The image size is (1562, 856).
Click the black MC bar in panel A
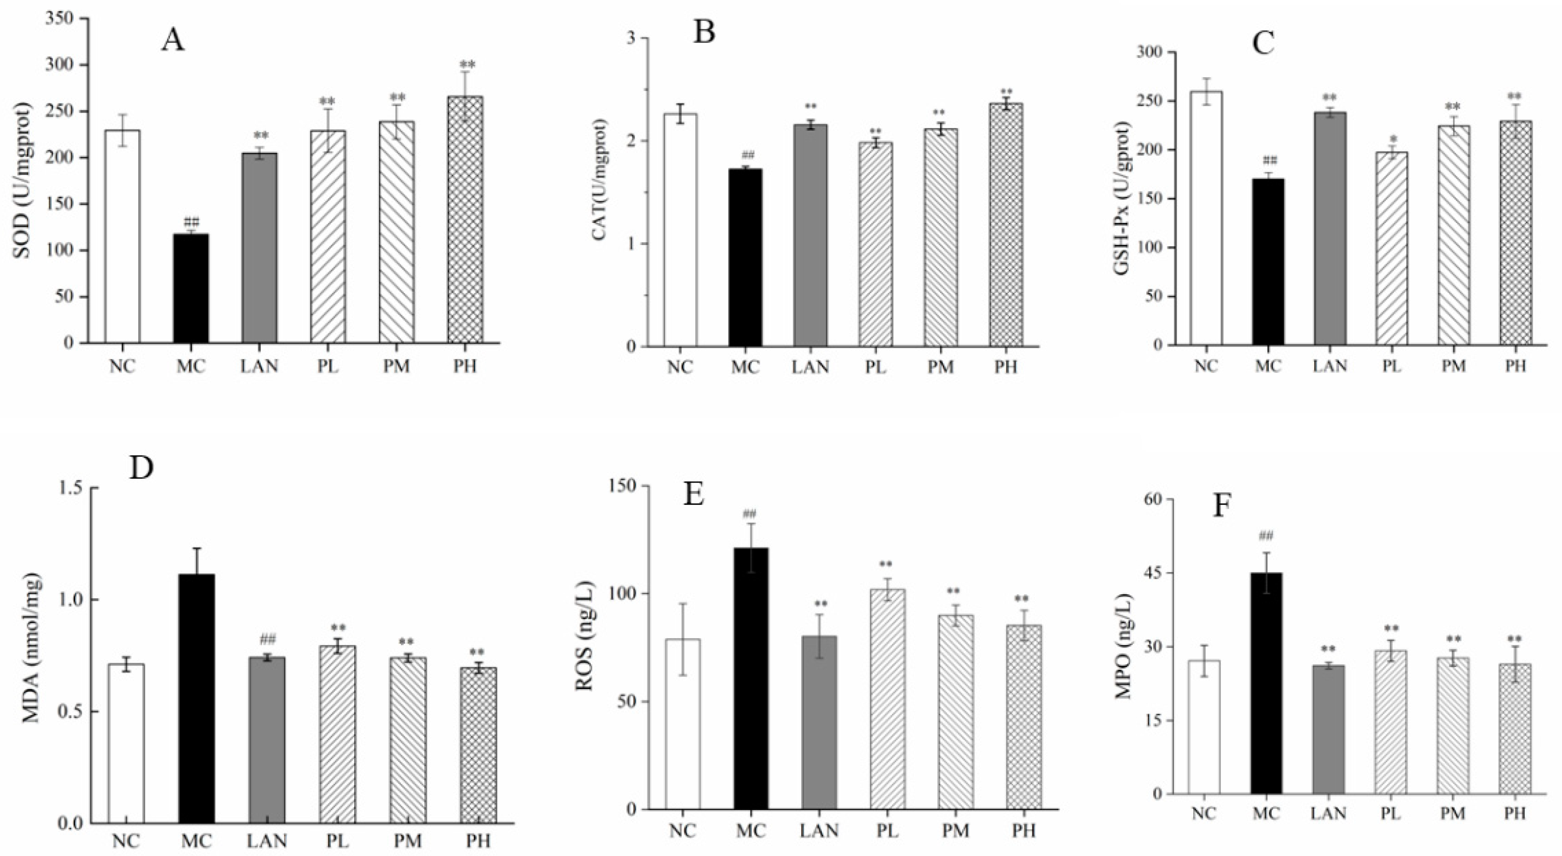[191, 288]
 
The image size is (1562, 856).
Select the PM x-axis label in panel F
[1453, 813]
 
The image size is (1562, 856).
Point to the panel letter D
[141, 468]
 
